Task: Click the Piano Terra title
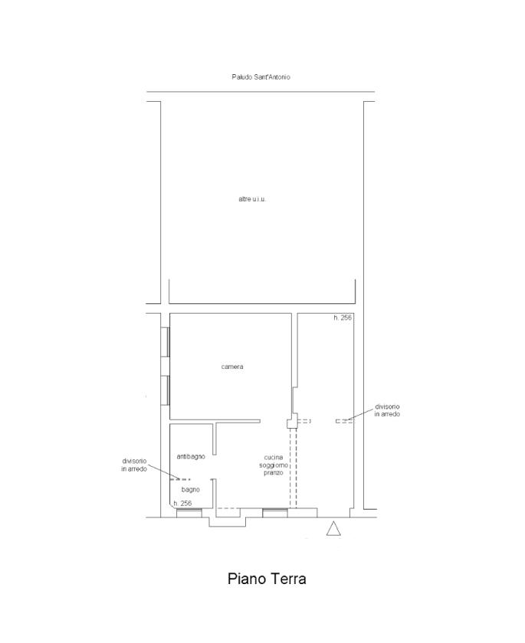[x=267, y=579]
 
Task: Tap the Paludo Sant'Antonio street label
[x=261, y=77]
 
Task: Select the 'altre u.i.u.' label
[x=252, y=199]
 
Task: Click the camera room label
[x=232, y=367]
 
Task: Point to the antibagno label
[x=191, y=456]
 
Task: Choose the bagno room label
[x=191, y=489]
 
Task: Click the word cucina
[x=274, y=457]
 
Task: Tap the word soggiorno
[x=274, y=465]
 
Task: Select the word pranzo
[x=274, y=472]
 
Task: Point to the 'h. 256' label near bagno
[x=182, y=503]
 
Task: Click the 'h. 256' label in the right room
[x=343, y=318]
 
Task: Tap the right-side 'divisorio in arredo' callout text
[x=387, y=410]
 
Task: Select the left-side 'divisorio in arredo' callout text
[x=134, y=465]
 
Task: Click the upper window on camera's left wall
[x=165, y=341]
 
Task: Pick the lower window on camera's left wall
[x=165, y=390]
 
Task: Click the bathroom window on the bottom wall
[x=189, y=513]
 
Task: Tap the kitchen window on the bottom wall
[x=275, y=513]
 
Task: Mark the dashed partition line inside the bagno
[x=181, y=479]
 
